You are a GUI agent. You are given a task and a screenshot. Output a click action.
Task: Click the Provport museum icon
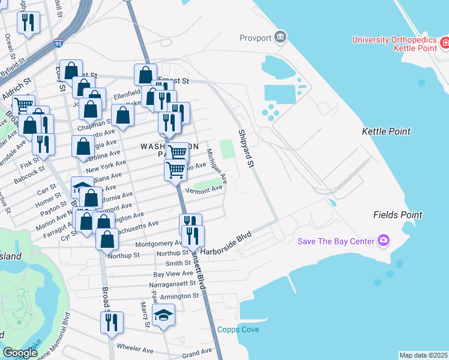(280, 38)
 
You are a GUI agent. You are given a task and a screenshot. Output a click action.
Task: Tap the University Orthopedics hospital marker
(445, 43)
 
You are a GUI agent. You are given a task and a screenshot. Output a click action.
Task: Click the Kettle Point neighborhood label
(386, 131)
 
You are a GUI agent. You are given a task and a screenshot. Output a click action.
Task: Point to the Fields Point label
(397, 214)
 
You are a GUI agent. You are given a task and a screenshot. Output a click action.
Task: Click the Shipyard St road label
(247, 148)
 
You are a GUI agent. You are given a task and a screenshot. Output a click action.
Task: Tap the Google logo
(19, 353)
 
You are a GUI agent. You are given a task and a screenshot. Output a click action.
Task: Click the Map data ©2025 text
(423, 355)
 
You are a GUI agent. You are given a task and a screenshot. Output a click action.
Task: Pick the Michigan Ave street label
(217, 166)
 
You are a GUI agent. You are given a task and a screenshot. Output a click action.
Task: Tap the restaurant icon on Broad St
(112, 322)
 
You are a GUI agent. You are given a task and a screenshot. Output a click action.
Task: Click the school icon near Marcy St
(163, 315)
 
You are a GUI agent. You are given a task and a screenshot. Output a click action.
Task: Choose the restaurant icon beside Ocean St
(28, 23)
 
